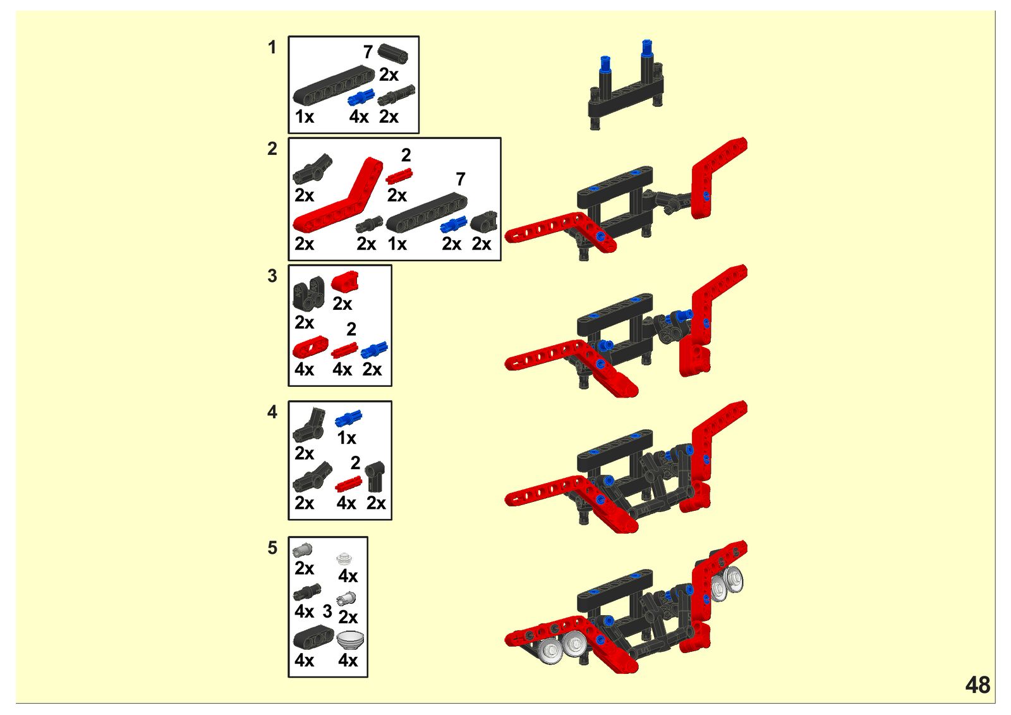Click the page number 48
point(978,685)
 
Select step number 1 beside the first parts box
point(272,47)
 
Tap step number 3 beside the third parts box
point(272,276)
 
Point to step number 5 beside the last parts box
point(272,548)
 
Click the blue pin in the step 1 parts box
point(361,97)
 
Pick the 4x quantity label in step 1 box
point(359,117)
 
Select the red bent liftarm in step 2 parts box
point(337,194)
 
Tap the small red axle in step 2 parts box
point(399,176)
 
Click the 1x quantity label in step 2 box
point(397,244)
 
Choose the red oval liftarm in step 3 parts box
point(310,347)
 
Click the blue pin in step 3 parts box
point(374,350)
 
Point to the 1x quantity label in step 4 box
point(347,437)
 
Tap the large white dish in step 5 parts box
point(350,640)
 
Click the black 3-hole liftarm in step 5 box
point(313,638)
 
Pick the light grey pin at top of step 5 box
point(303,550)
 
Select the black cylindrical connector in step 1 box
point(393,54)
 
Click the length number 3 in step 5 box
point(327,611)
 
